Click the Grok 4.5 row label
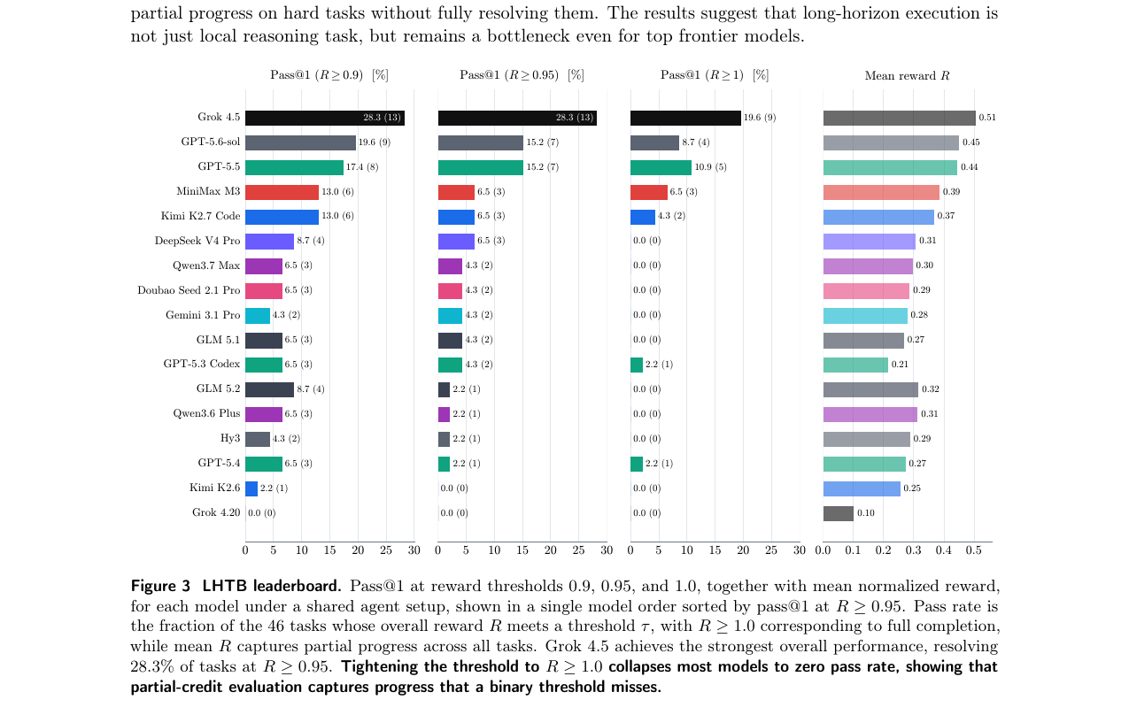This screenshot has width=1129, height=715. [x=219, y=118]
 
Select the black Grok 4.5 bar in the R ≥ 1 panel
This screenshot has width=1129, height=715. [x=685, y=118]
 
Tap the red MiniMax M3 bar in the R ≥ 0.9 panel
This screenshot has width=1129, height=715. [x=282, y=192]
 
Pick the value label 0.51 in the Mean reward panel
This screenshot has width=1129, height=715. [x=987, y=118]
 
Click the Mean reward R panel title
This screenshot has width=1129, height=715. [x=908, y=75]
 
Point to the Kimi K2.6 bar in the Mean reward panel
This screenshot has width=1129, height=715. [x=862, y=488]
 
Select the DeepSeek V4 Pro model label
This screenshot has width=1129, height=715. [x=197, y=241]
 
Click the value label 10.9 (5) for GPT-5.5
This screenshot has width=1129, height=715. [x=711, y=166]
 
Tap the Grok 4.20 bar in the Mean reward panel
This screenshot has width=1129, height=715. [x=839, y=513]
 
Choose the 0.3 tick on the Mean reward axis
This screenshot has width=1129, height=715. [x=913, y=550]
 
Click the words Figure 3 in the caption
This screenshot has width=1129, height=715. [x=160, y=586]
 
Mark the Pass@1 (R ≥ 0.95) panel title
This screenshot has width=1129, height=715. [x=522, y=75]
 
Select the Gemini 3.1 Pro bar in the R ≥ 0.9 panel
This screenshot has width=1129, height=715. [x=258, y=316]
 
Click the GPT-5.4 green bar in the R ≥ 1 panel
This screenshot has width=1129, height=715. [x=637, y=464]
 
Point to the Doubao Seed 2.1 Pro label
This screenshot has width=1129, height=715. [x=189, y=290]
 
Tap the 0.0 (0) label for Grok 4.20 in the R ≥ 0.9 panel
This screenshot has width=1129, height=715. [x=261, y=513]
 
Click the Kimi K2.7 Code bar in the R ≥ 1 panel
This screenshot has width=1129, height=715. [x=643, y=217]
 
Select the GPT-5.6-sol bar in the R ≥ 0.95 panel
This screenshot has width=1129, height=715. [x=480, y=142]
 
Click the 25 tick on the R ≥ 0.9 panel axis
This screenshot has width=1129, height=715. [x=386, y=550]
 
